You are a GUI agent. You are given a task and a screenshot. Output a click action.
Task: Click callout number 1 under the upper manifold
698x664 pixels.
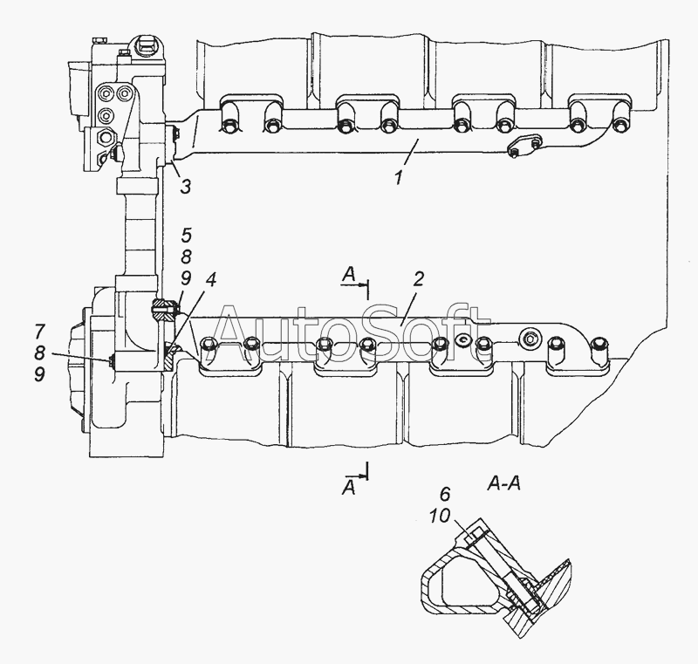[400, 177]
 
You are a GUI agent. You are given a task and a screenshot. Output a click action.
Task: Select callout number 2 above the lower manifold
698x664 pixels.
[418, 279]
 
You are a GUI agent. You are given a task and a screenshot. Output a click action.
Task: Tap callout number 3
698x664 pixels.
[186, 187]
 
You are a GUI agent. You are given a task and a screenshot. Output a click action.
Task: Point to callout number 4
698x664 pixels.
[210, 280]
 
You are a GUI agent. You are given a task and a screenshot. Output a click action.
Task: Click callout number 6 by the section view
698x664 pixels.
[445, 494]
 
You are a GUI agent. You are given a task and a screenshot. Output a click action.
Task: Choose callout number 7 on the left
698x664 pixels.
[39, 332]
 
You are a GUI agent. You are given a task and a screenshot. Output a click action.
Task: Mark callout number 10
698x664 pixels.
[440, 517]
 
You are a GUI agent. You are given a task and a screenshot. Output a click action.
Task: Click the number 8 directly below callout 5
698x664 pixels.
[186, 257]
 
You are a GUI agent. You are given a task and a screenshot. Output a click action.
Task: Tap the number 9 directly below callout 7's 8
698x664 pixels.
[39, 374]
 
